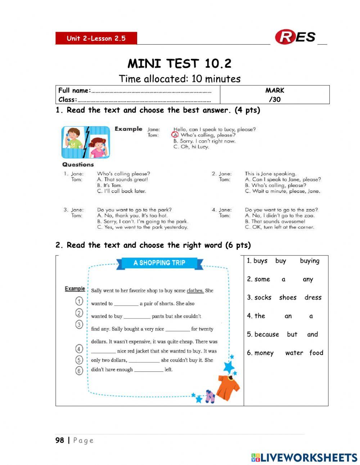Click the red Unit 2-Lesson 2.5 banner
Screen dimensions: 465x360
coord(96,38)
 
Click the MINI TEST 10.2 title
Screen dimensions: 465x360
coord(179,64)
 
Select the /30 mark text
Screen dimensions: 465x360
coord(274,99)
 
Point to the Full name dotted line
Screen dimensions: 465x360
coord(151,91)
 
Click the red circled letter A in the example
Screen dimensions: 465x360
coord(175,135)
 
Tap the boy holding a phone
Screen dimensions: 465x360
coord(73,138)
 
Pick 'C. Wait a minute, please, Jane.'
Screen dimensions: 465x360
coord(282,191)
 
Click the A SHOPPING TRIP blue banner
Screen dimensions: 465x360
coord(159,263)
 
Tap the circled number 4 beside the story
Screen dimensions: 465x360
coord(79,349)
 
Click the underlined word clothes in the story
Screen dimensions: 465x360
coord(195,291)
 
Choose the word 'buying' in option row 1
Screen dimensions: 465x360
coord(310,261)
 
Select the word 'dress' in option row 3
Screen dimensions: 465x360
coord(313,298)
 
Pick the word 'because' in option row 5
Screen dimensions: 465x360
coord(266,334)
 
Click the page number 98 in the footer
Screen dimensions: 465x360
coord(60,440)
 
